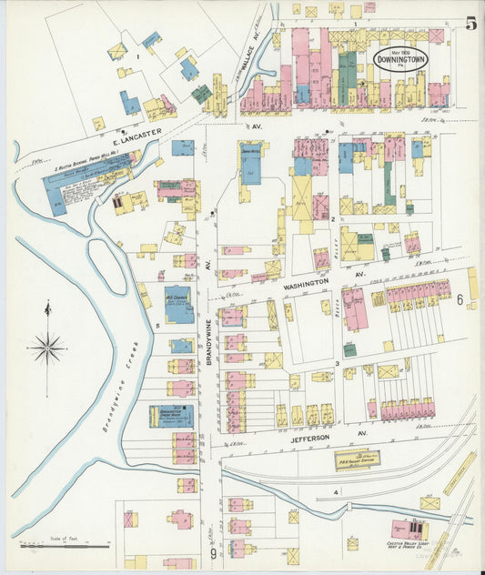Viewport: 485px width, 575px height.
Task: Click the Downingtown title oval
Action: tap(399, 60)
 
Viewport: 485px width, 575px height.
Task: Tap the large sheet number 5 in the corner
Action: tap(470, 24)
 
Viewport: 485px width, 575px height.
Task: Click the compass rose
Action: tap(47, 348)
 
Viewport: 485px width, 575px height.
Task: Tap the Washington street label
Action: tap(305, 284)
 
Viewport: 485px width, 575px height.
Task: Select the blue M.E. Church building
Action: tap(178, 305)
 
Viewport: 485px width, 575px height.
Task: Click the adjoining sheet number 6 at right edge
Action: tap(460, 298)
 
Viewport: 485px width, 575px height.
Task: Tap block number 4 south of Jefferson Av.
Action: tap(336, 493)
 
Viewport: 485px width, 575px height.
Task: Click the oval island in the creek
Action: tap(106, 267)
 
